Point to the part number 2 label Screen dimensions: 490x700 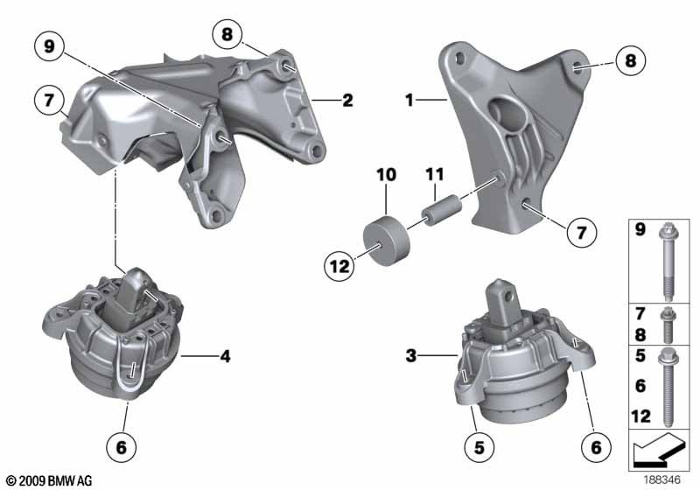click(347, 101)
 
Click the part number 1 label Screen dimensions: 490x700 click(408, 101)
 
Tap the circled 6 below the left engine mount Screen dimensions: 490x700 click(122, 449)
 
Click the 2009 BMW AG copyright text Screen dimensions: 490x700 click(48, 480)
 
